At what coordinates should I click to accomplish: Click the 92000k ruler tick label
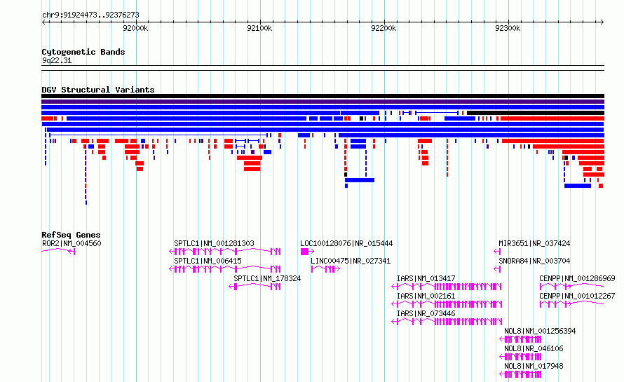click(135, 28)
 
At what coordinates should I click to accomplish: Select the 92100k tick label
click(259, 28)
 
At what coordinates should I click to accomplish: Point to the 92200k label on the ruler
click(384, 28)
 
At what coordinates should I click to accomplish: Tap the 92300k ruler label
click(508, 28)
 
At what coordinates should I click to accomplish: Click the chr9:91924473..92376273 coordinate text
click(90, 15)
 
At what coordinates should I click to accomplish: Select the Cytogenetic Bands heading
click(83, 52)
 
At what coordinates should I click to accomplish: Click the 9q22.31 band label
click(57, 60)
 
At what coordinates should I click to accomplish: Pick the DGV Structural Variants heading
click(98, 90)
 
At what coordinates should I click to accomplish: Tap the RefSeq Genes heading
click(71, 235)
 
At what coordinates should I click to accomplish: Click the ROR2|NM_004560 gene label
click(72, 243)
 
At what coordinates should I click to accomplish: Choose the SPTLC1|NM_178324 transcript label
click(267, 278)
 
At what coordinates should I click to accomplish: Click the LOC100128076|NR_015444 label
click(346, 243)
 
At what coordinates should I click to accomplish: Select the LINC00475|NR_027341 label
click(351, 261)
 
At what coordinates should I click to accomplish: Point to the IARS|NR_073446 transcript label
click(426, 313)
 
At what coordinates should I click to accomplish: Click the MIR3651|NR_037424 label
click(534, 243)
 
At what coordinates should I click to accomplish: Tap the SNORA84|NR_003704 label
click(534, 261)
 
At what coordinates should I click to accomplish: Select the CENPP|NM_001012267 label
click(577, 296)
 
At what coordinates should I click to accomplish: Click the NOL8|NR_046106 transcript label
click(534, 348)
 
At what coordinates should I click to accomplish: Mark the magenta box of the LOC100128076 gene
click(304, 252)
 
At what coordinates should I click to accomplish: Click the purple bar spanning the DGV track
click(323, 102)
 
